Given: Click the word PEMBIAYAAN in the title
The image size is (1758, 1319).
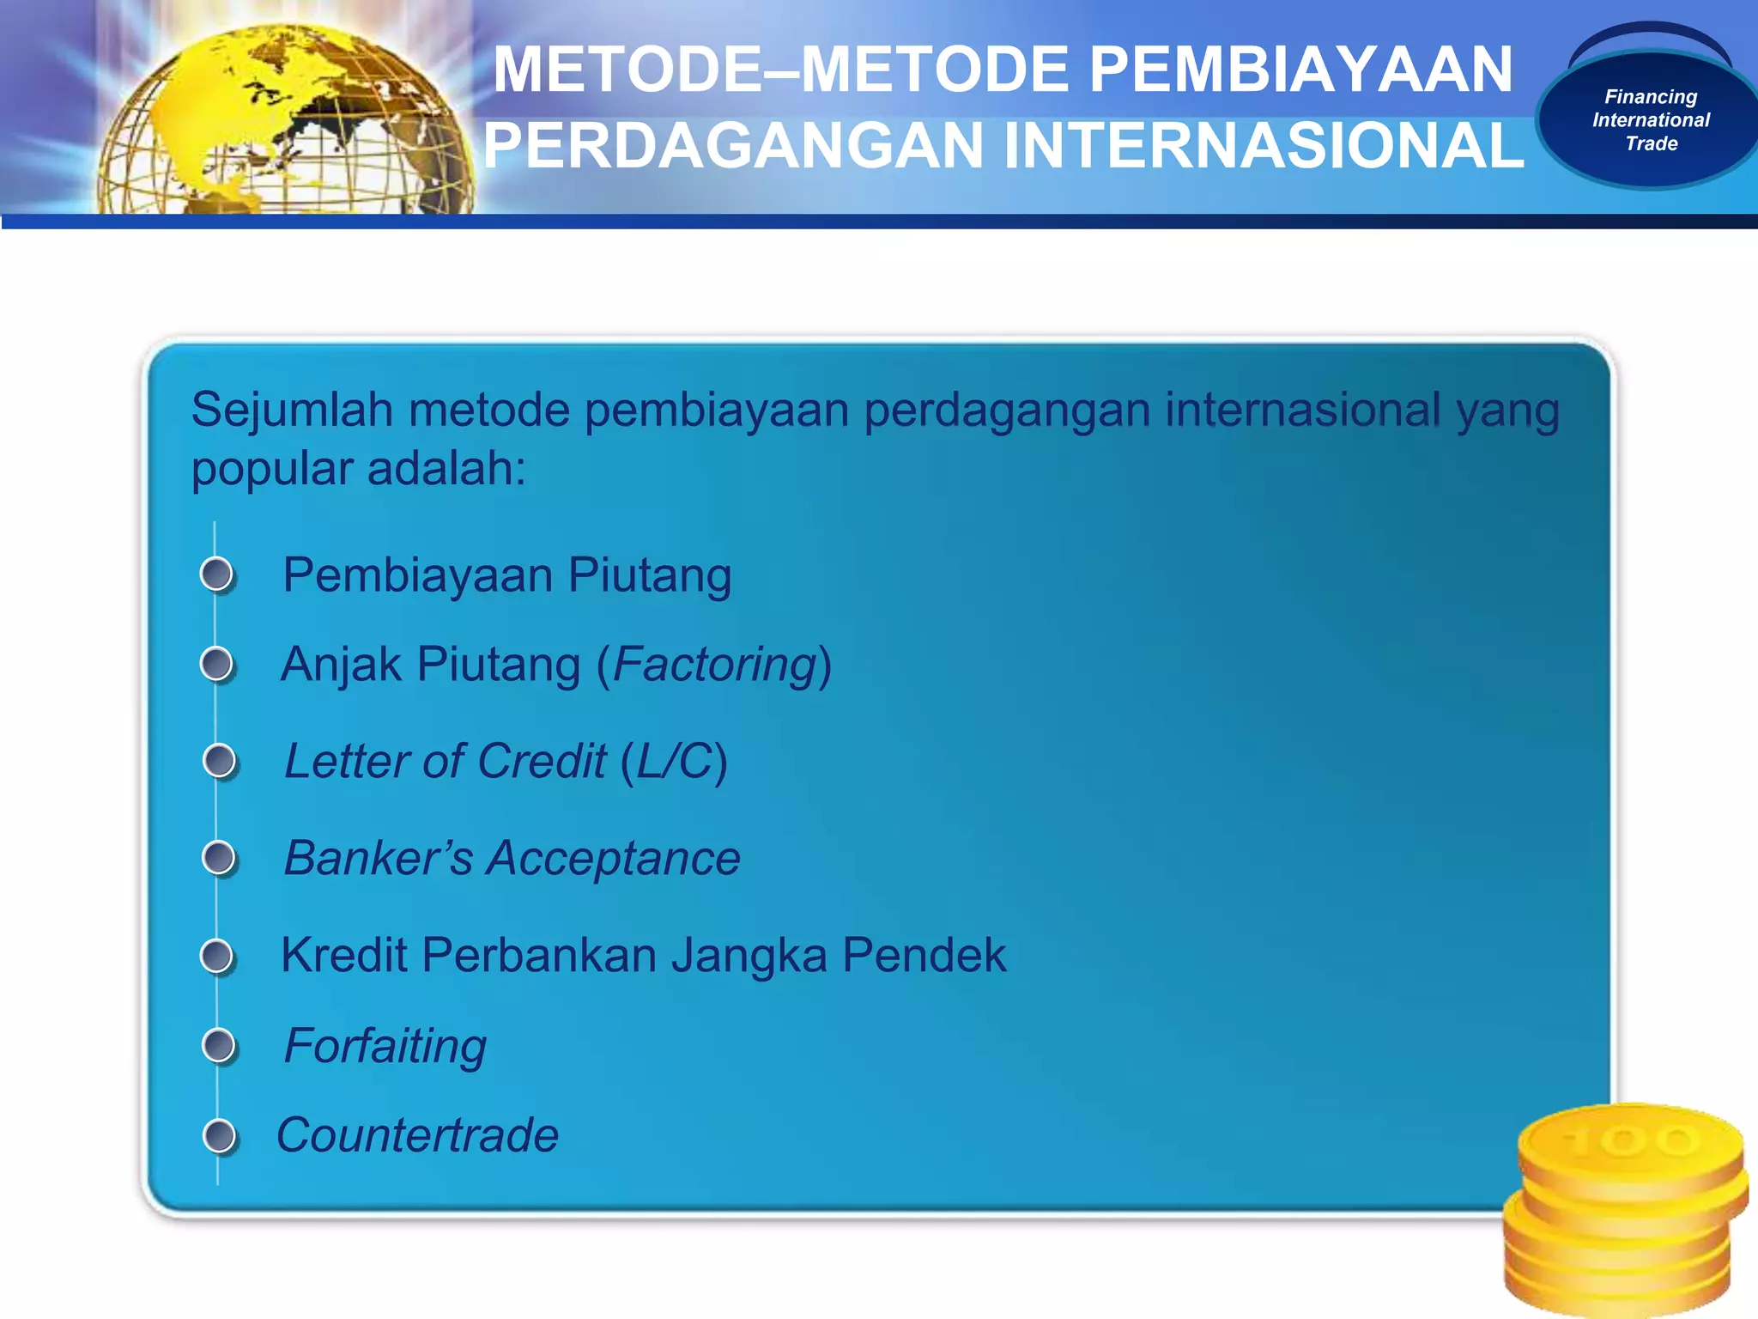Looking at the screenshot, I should point(1300,70).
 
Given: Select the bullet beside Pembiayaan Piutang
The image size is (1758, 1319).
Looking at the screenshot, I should point(217,574).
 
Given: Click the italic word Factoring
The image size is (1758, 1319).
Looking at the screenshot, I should point(714,665).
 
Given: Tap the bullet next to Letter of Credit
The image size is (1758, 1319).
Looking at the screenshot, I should point(220,761).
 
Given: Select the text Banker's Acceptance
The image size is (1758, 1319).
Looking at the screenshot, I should point(512,858).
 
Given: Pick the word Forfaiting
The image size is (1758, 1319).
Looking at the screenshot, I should point(385,1046).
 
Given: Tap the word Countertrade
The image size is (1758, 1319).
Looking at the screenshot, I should point(418,1135).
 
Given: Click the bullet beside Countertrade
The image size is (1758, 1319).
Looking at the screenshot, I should point(220,1135).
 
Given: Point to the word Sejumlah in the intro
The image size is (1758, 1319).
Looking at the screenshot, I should point(292,410).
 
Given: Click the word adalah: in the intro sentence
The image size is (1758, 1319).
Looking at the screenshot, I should point(446,469).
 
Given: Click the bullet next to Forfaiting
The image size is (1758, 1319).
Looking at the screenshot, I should point(219,1045).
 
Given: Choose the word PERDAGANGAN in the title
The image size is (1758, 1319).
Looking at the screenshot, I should point(732,146).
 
